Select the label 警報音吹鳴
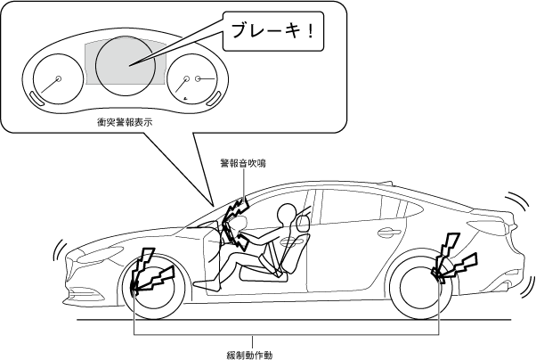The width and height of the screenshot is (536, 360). pyautogui.click(x=243, y=164)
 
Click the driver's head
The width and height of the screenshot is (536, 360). pyautogui.click(x=287, y=217)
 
